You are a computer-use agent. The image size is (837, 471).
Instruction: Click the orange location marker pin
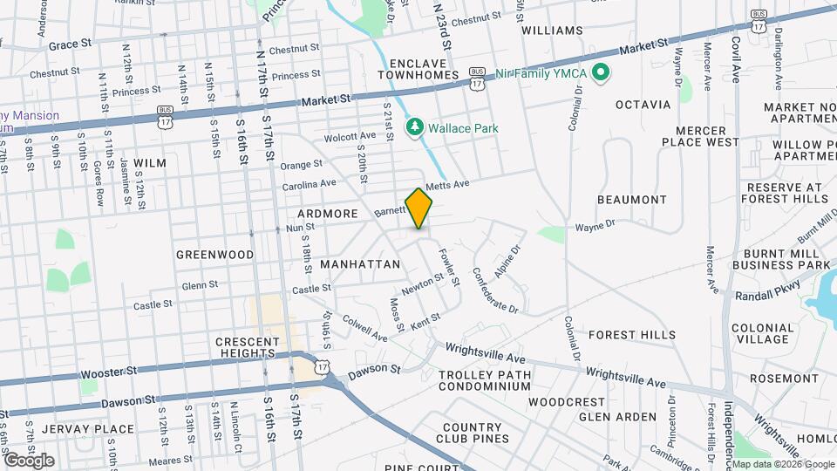point(418,208)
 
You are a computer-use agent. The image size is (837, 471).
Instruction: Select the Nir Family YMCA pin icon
point(599,72)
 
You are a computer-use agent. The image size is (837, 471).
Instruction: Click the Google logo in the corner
point(28,460)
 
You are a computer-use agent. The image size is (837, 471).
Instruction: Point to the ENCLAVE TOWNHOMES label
point(425,70)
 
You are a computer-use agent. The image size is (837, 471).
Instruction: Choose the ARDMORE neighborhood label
point(327,213)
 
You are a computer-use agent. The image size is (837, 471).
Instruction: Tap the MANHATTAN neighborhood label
point(360,263)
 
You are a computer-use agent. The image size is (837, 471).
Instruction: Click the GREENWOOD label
point(214,255)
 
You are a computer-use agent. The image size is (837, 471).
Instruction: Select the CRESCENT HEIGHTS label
point(247,348)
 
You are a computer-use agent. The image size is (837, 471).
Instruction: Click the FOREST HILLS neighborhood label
point(632,335)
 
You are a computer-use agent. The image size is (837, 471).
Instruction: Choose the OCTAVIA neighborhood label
point(643,105)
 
